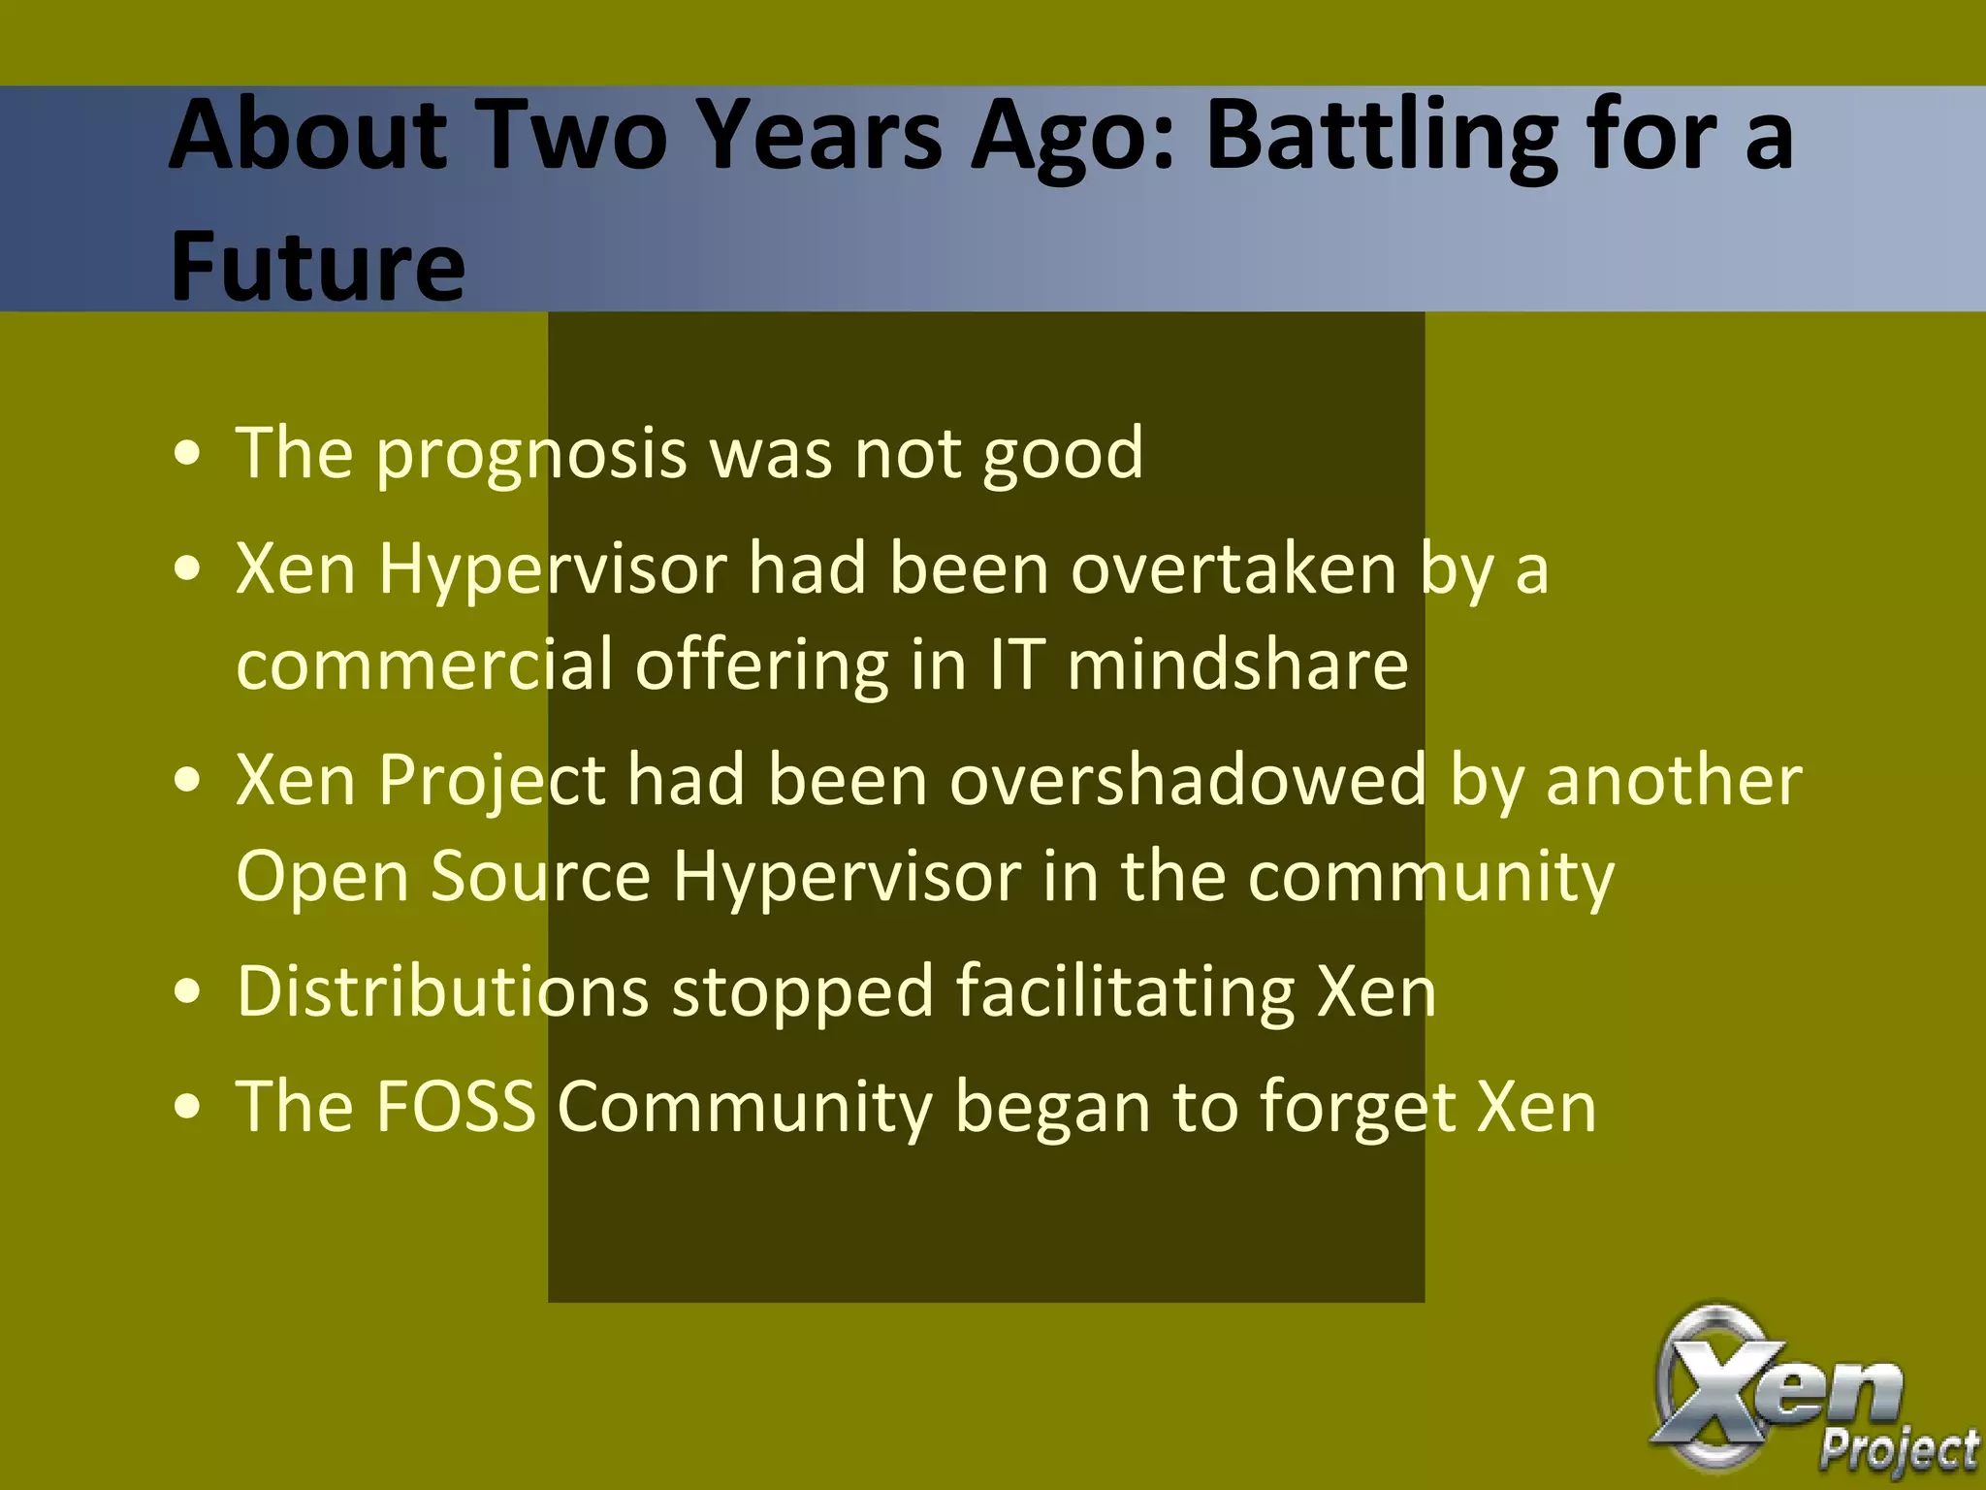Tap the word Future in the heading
[x=317, y=266]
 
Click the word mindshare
[x=1237, y=665]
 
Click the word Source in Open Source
[x=540, y=877]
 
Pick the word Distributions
[x=442, y=991]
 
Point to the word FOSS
[x=456, y=1106]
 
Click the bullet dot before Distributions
[x=188, y=992]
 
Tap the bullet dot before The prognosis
[x=188, y=453]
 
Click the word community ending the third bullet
[x=1430, y=877]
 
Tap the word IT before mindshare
[x=1016, y=665]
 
